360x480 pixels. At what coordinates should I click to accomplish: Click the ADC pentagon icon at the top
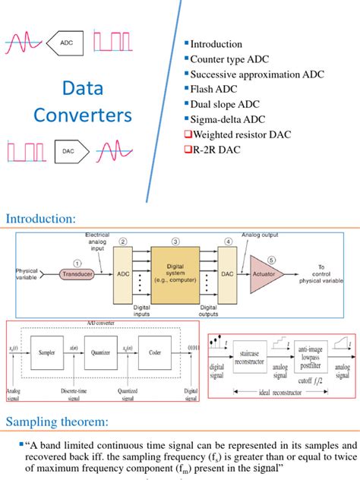click(x=71, y=44)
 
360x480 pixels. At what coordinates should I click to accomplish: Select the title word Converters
click(x=82, y=116)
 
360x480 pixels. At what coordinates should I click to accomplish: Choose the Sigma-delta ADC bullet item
click(x=228, y=119)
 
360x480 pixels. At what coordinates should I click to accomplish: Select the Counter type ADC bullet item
click(x=229, y=59)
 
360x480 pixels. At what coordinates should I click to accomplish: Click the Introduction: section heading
click(x=41, y=219)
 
